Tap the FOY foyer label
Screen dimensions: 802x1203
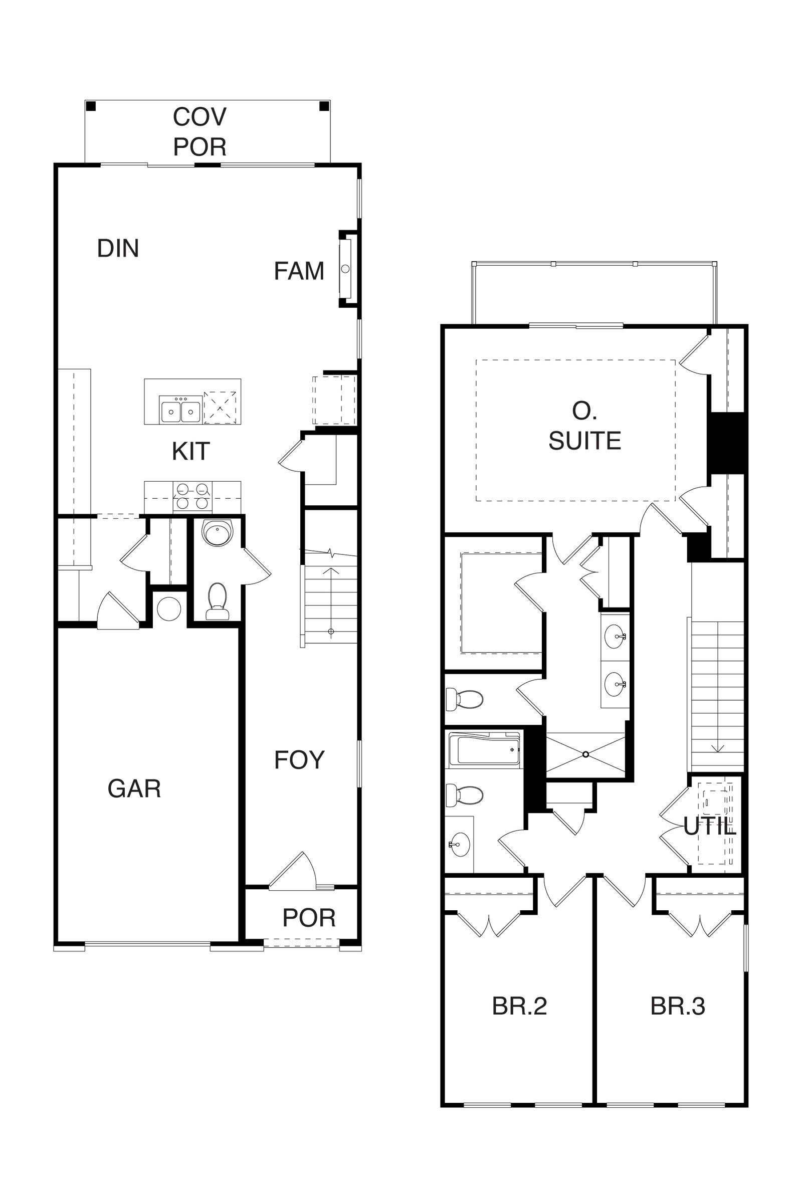(x=299, y=759)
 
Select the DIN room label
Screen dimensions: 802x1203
(x=118, y=248)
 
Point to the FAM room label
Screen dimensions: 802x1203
(x=299, y=271)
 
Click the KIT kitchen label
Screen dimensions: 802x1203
(x=191, y=451)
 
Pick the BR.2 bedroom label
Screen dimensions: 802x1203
(x=519, y=1006)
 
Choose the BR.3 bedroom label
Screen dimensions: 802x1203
(x=678, y=1006)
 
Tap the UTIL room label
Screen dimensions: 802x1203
(x=709, y=826)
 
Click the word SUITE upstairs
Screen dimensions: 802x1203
(x=584, y=441)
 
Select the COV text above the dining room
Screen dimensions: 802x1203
(x=199, y=117)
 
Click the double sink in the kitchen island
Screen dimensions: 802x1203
(x=180, y=409)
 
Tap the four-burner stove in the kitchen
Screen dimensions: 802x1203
(x=192, y=496)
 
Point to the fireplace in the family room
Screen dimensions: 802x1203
(x=345, y=269)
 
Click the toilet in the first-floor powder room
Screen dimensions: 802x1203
(x=218, y=601)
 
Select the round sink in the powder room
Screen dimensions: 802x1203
(x=218, y=533)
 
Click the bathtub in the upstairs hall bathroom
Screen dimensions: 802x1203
(x=484, y=750)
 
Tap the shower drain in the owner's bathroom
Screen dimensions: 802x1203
(x=585, y=754)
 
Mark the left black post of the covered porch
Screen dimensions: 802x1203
(x=91, y=106)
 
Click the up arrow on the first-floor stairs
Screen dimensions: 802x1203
(x=331, y=599)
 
